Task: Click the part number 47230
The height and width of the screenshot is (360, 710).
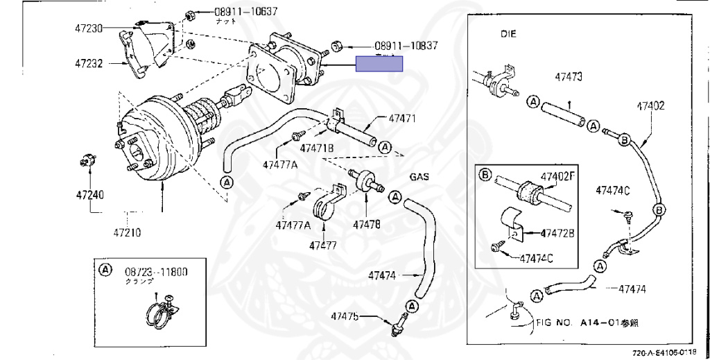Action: [x=89, y=28]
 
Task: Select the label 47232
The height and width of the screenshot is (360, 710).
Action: [x=89, y=63]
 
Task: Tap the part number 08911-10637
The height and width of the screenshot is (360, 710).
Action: [x=226, y=12]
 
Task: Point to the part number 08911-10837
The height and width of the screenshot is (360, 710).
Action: [x=406, y=46]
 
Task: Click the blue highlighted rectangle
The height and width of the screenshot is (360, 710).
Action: [x=379, y=64]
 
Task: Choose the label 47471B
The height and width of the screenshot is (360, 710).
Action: [x=317, y=148]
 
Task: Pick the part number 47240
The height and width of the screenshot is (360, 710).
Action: [x=89, y=195]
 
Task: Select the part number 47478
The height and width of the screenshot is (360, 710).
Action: [x=366, y=224]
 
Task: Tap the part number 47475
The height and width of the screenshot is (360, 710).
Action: [x=345, y=316]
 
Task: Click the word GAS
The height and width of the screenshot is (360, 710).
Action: [x=419, y=177]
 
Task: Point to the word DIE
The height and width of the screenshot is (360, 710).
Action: [x=510, y=33]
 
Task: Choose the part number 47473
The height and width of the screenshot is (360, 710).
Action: [x=567, y=76]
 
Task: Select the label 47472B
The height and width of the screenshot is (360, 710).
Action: [x=557, y=232]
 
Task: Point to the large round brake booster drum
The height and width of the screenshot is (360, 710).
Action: [x=156, y=146]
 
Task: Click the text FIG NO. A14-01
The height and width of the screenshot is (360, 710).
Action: [x=587, y=323]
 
